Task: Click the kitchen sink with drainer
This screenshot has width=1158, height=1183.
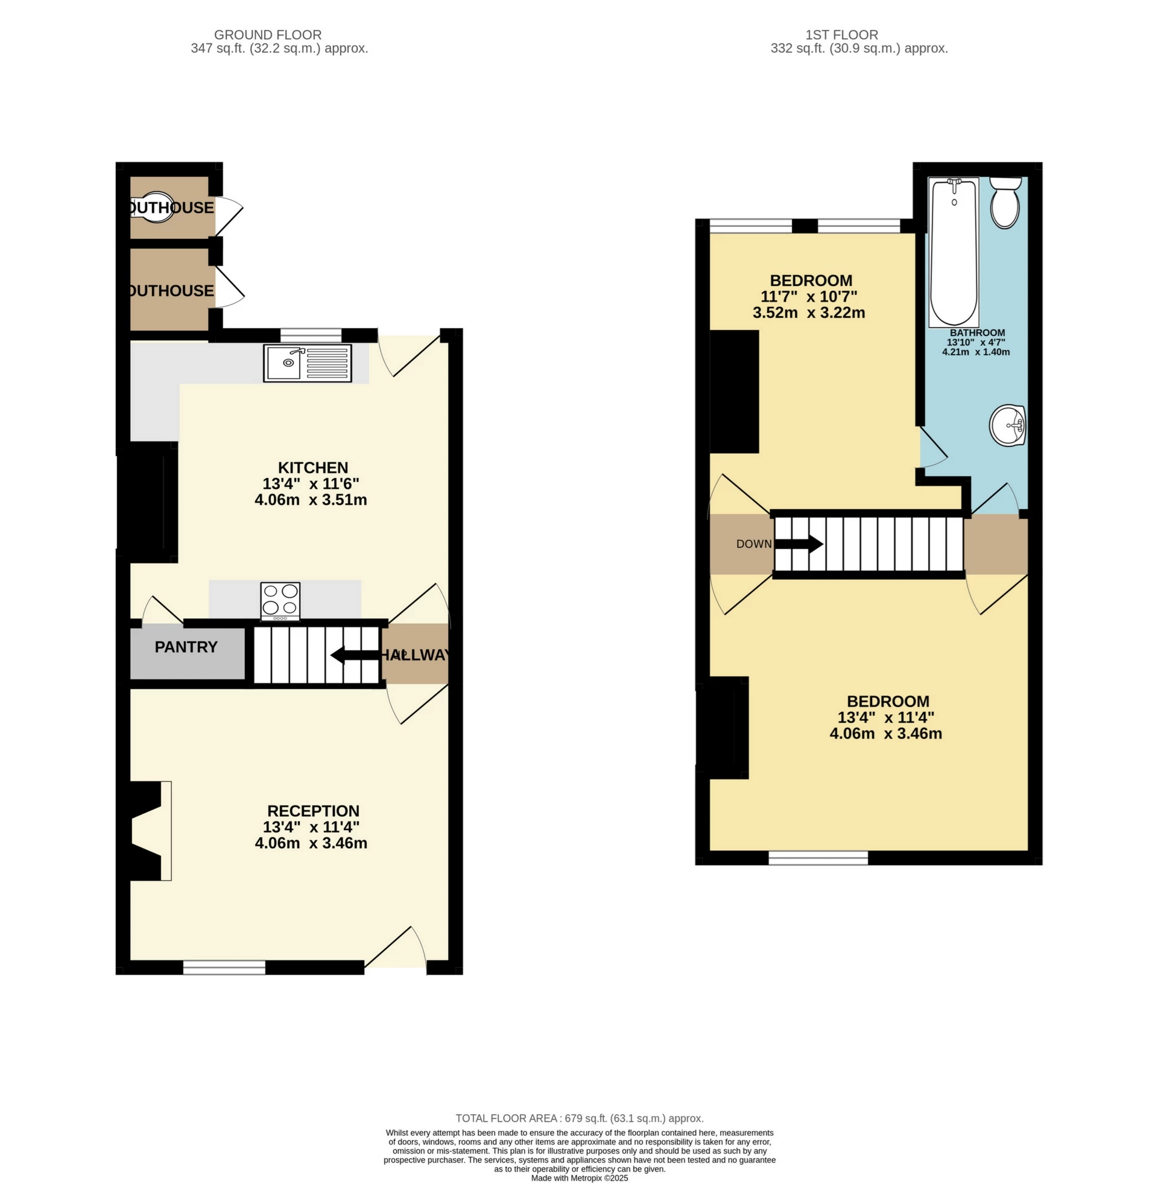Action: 307,363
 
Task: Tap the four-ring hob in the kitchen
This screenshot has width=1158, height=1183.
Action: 280,601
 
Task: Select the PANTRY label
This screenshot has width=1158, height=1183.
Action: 186,647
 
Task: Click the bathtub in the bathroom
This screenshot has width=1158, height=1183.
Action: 953,252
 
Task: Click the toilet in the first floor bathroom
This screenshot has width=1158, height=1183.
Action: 1005,203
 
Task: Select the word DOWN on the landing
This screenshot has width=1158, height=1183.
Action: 753,544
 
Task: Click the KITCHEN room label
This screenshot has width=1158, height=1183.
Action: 312,467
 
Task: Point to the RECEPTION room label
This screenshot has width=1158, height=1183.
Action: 313,811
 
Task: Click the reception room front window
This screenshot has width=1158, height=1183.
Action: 224,966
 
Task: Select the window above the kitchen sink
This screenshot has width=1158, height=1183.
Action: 311,335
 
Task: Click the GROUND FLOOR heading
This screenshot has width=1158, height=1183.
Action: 268,35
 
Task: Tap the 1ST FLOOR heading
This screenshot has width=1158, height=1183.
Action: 842,35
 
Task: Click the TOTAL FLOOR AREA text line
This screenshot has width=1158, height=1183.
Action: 579,1118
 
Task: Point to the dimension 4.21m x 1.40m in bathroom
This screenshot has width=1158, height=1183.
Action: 975,352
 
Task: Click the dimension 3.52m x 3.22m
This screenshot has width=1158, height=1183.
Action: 808,312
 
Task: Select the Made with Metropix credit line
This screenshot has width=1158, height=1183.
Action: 579,1178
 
